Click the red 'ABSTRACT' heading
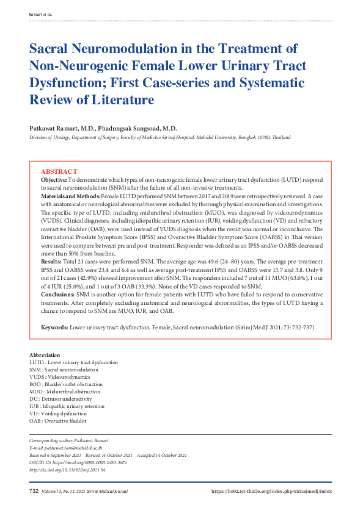59,173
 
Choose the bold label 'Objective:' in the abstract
54,181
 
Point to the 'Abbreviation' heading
45,355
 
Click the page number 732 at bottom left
34,491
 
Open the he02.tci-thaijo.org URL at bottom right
272,491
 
